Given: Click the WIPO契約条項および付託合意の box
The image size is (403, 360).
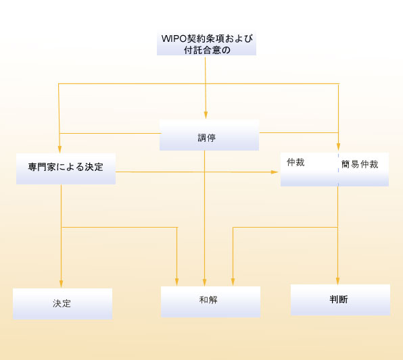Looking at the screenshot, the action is coord(206,43).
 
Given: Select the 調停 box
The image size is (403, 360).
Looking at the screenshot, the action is coord(209,135).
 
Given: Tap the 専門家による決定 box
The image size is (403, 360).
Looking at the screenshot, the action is coord(66,169).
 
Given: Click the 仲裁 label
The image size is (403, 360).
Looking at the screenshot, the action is coord(295,162).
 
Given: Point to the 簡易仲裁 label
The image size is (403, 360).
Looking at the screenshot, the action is coord(360,164).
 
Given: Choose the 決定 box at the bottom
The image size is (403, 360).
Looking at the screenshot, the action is coord(62,304).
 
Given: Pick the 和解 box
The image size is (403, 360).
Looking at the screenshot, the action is coord(210,302).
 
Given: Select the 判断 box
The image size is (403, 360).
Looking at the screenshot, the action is coord(340,300).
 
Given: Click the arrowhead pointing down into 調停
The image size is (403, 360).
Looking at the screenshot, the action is coord(206,115).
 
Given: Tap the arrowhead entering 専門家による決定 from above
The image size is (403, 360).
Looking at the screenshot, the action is coord(60,149).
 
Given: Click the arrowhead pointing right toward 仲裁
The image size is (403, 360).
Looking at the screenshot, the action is coord(275,172).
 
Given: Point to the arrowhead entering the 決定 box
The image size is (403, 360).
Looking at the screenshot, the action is coord(61,284).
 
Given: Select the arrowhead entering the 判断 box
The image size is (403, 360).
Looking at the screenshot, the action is coord(337,281).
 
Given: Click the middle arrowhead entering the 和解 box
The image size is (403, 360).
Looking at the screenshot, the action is coord(205,282).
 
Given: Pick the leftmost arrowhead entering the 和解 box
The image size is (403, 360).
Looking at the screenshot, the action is coord(177,282).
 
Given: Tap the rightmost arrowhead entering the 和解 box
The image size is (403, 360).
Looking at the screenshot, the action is coord(233,282).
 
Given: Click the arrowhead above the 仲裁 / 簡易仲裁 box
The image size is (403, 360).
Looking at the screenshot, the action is coord(339,147).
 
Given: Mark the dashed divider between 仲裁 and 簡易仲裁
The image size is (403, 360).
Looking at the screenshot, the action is coord(338,170).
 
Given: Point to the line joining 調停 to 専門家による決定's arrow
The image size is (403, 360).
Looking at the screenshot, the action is coord(110,133).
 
